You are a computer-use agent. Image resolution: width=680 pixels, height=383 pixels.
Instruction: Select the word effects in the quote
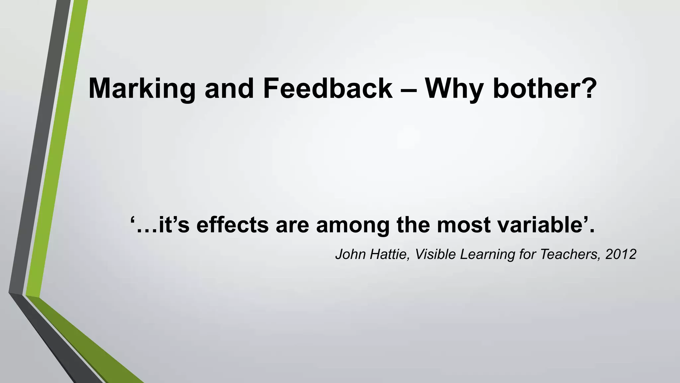(x=232, y=225)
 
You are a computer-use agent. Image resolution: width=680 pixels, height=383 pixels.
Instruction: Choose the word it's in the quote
(x=174, y=225)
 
